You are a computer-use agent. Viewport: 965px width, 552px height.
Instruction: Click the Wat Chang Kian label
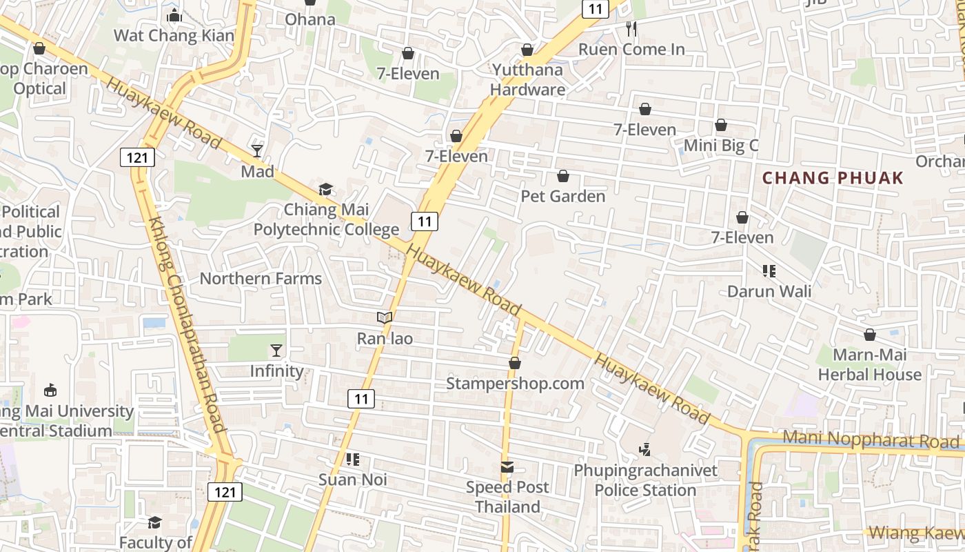pos(174,35)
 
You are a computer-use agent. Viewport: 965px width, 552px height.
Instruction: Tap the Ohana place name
pos(310,19)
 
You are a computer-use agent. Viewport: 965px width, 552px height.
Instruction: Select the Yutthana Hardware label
pos(527,79)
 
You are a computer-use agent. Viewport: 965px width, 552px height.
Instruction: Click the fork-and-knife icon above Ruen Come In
pos(631,29)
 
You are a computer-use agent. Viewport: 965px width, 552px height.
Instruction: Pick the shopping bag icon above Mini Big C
pos(720,125)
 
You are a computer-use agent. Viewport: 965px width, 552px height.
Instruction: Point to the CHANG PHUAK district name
pos(833,178)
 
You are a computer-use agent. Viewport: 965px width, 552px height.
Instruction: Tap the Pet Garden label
pos(562,196)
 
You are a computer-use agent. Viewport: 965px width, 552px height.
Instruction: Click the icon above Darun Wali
pos(769,271)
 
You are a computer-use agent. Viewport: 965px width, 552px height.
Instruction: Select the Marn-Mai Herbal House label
pos(869,365)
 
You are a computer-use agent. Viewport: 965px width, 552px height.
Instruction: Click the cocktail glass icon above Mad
pos(257,150)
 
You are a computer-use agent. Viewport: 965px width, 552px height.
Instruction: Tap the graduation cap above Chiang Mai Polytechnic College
pos(325,189)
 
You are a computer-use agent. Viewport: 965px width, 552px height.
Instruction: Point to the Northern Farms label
pos(261,279)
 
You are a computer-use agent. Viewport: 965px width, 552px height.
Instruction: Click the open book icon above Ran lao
pos(384,318)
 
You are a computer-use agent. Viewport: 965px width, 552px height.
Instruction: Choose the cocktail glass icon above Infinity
pos(276,351)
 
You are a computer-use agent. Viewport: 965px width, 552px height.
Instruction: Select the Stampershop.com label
pos(515,383)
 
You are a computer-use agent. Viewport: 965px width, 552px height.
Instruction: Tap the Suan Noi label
pos(352,479)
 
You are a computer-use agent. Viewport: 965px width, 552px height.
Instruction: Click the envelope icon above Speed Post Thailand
pos(507,467)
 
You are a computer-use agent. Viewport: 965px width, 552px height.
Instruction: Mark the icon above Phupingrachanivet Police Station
pos(644,450)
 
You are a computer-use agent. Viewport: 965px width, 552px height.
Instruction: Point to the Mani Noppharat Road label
pos(871,440)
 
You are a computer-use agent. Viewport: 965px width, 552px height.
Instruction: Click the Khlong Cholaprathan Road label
pos(185,324)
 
